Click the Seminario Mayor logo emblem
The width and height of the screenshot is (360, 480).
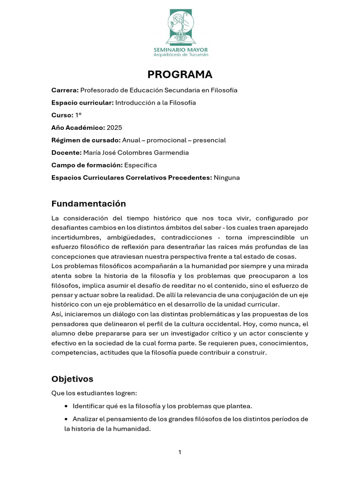pos(180,27)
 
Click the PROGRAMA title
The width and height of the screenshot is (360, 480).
pos(180,75)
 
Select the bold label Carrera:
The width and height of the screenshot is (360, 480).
pos(65,90)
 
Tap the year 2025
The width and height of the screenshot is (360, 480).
pos(114,127)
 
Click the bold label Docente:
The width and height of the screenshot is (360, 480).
pos(66,152)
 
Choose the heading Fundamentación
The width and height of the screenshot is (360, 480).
pos(89,203)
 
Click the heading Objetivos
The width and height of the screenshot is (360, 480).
pos(72,379)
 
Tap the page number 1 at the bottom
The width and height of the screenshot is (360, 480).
pos(180,452)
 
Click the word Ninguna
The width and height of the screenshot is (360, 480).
pos(226,178)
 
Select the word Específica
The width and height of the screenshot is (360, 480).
pos(140,165)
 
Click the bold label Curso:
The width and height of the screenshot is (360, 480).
pos(62,115)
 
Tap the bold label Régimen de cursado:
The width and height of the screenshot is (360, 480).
pos(86,140)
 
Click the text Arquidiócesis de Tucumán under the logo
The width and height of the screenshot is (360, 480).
pos(181,54)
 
